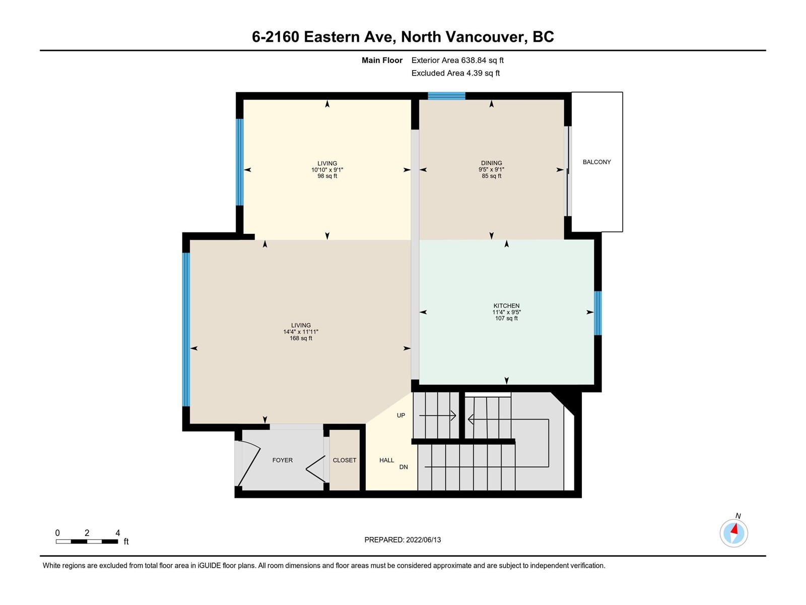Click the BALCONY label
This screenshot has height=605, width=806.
(597, 162)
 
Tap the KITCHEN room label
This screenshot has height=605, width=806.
(506, 306)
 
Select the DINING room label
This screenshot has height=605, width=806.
(491, 163)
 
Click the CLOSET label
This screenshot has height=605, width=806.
(345, 460)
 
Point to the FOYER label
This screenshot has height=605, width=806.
(283, 460)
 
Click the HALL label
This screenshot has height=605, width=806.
(387, 460)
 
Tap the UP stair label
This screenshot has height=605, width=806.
(401, 415)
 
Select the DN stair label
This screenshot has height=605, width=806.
(404, 467)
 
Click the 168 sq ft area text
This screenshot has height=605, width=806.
(301, 338)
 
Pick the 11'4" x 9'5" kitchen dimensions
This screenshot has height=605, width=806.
(506, 312)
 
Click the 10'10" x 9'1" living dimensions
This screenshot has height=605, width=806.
(327, 170)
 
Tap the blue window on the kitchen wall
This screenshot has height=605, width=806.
(598, 313)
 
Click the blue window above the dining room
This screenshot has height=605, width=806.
(446, 96)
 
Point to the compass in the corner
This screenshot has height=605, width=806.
(733, 533)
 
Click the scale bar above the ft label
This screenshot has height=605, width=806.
(87, 541)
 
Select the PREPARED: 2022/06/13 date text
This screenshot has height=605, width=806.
(402, 540)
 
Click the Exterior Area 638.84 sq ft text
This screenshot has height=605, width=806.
(457, 60)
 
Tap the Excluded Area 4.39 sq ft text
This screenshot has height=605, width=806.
(455, 73)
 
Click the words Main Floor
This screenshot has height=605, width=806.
(382, 60)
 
